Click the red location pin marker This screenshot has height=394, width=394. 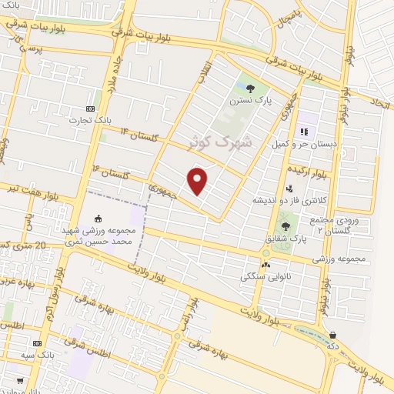click(198, 181)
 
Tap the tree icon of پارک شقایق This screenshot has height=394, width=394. click(286, 226)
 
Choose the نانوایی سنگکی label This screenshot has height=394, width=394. click(265, 274)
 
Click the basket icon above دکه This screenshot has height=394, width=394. click(333, 335)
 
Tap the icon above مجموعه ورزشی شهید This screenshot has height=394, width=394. click(97, 219)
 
